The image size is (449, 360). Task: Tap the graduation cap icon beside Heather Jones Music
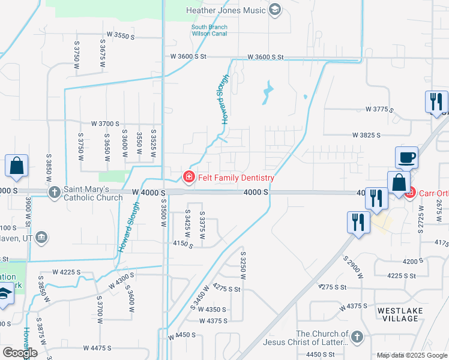(275, 9)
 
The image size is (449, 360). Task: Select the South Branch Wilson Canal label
(208, 31)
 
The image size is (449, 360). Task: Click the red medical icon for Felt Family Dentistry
(188, 177)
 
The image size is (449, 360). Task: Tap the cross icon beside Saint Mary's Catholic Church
(54, 192)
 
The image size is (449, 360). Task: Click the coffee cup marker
(406, 158)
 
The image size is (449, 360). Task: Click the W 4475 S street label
(98, 348)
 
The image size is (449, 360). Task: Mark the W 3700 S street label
(106, 123)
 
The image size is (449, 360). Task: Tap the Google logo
(20, 353)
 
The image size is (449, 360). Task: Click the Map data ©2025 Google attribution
(412, 355)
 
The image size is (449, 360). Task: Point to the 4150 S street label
(182, 244)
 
